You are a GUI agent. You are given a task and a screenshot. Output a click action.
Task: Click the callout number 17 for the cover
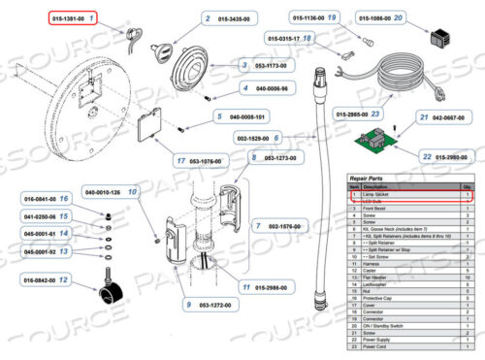(181, 160)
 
